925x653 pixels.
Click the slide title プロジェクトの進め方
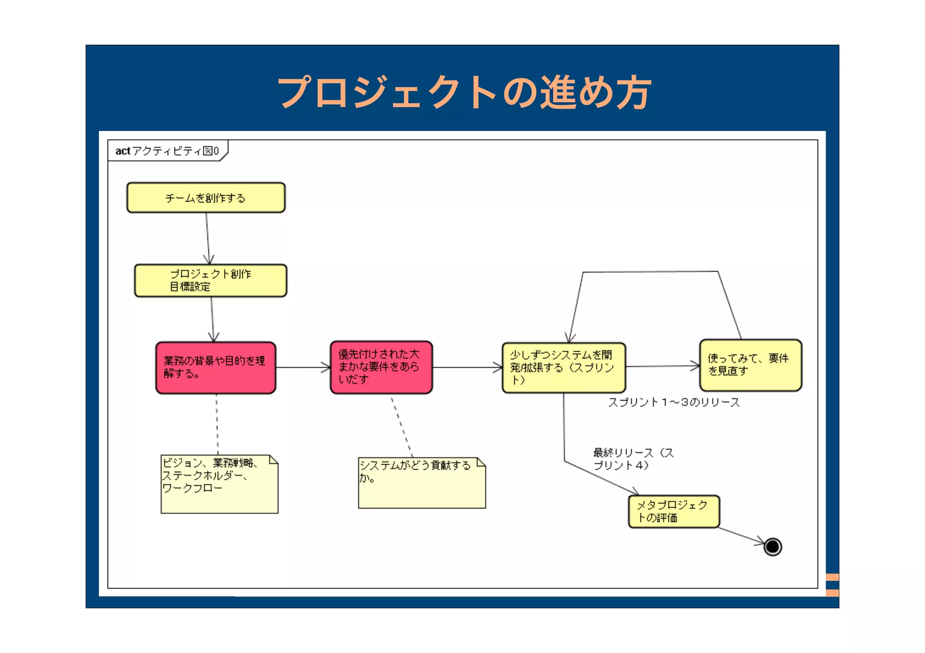click(464, 92)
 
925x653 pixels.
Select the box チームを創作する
click(206, 198)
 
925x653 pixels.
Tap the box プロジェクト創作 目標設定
click(210, 280)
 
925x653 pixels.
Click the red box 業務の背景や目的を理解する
click(215, 367)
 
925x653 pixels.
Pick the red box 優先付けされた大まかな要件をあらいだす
click(381, 367)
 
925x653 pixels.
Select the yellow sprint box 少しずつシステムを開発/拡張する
click(563, 367)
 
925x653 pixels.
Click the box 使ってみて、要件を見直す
click(750, 365)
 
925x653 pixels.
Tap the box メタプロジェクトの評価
click(673, 511)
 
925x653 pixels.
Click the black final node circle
click(772, 546)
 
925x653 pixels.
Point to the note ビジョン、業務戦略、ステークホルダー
click(219, 484)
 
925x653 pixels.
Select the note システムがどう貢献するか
click(421, 483)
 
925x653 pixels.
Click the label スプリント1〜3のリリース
click(673, 402)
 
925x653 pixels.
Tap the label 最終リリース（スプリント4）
click(632, 458)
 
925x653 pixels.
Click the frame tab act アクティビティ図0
click(167, 151)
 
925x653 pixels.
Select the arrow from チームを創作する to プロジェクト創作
click(208, 238)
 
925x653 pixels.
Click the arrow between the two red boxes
click(303, 367)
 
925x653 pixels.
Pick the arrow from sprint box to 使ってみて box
click(662, 366)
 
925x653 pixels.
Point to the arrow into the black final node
click(741, 536)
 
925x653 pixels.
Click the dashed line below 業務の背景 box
click(217, 424)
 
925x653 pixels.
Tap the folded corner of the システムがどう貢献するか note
click(481, 462)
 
